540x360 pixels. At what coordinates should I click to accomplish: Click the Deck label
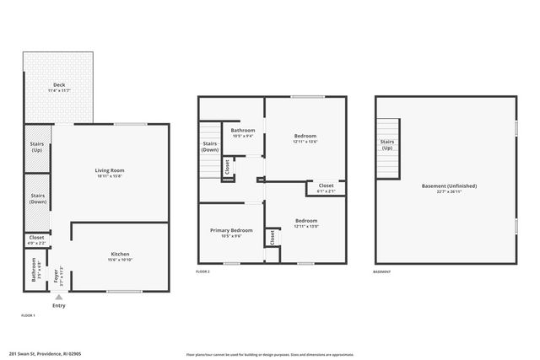pos(59,85)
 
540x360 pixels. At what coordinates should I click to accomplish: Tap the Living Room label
pos(110,171)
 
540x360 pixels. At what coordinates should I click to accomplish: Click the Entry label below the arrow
pos(58,306)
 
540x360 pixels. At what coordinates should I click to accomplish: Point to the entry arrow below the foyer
pos(58,298)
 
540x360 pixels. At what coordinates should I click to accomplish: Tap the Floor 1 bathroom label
pos(35,272)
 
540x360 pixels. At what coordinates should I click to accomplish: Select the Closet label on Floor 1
pos(36,238)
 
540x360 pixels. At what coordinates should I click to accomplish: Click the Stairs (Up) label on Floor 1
pos(37,147)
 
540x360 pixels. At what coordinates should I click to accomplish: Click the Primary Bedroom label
pos(230,230)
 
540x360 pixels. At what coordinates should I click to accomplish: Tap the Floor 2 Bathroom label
pos(243,131)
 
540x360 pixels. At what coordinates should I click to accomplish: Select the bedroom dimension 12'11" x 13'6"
pos(305,142)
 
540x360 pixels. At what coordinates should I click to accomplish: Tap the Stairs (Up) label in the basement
pos(387,145)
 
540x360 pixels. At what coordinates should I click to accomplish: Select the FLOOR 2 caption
pos(202,272)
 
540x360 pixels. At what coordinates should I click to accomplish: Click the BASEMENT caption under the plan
pos(382,272)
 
